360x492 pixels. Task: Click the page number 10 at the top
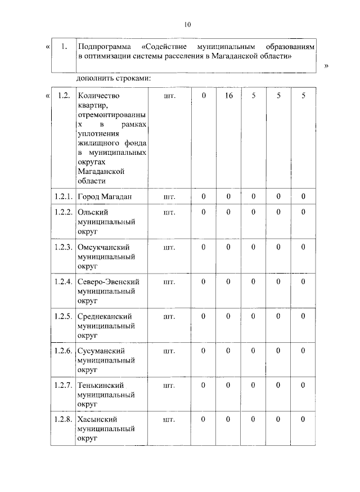pos(187,24)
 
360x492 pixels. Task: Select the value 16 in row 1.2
pos(228,96)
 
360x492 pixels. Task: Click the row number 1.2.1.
pos(63,196)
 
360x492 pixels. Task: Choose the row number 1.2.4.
pos(63,281)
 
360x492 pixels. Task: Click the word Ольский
pos(93,212)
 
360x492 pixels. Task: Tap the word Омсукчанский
pos(104,247)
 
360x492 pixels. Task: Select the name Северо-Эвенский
pos(109,281)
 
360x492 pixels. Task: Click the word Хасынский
pos(97,419)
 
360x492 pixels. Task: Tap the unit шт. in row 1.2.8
pos(169,419)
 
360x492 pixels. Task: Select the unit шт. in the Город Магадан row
pos(169,196)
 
